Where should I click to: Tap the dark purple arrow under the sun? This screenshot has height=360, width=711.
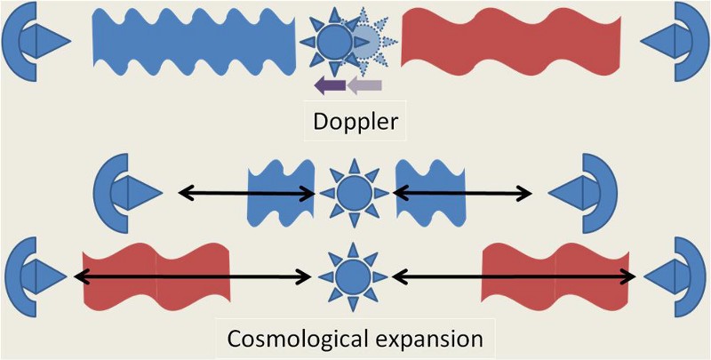pyautogui.click(x=331, y=85)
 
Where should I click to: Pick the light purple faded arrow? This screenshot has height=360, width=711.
pyautogui.click(x=364, y=85)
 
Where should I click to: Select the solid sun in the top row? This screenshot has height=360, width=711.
pyautogui.click(x=333, y=41)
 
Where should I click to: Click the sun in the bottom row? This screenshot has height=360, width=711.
pyautogui.click(x=355, y=276)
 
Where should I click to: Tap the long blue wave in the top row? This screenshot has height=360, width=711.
pyautogui.click(x=193, y=41)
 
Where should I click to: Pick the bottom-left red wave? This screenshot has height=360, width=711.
pyautogui.click(x=156, y=276)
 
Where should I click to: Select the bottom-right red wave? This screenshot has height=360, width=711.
pyautogui.click(x=555, y=276)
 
